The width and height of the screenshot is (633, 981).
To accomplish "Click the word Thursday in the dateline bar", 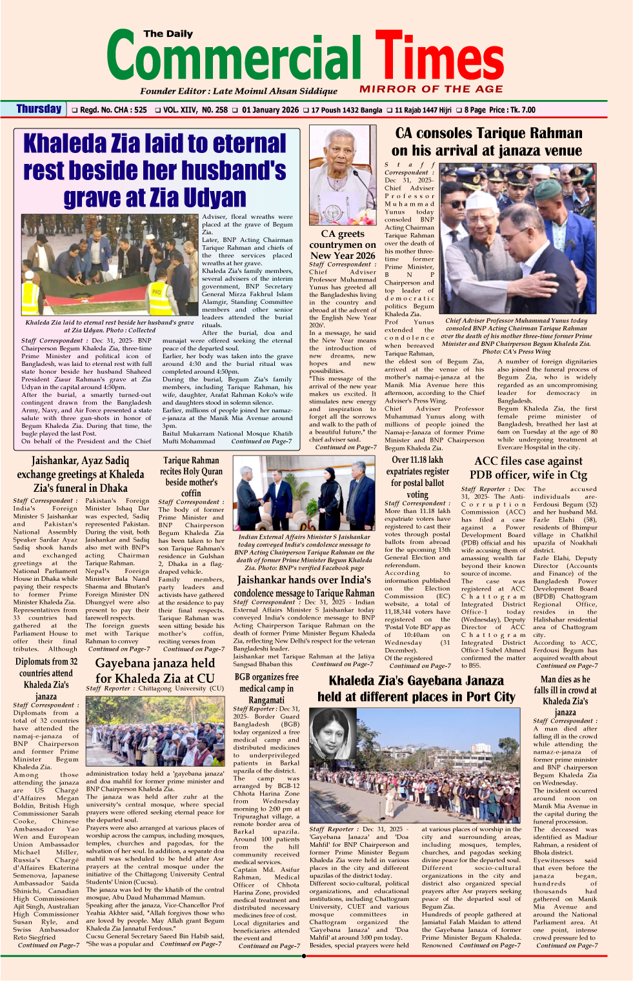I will point(39,109).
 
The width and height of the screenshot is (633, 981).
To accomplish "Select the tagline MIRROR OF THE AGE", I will point(431,89).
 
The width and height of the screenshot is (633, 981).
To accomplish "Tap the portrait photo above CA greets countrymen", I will point(342,176).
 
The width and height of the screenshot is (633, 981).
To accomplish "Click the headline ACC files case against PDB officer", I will point(528,468).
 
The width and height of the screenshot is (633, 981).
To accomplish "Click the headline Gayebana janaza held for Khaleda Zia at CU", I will point(155,670).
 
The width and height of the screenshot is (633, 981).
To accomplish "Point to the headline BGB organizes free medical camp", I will point(266,688).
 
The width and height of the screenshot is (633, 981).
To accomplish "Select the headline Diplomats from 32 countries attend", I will point(46,678).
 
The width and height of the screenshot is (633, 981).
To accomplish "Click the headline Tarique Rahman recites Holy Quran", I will point(191,476).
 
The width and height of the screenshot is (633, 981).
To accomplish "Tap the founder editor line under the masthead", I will point(239,91).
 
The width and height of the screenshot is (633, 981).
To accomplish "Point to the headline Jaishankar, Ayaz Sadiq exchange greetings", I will point(80,474).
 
